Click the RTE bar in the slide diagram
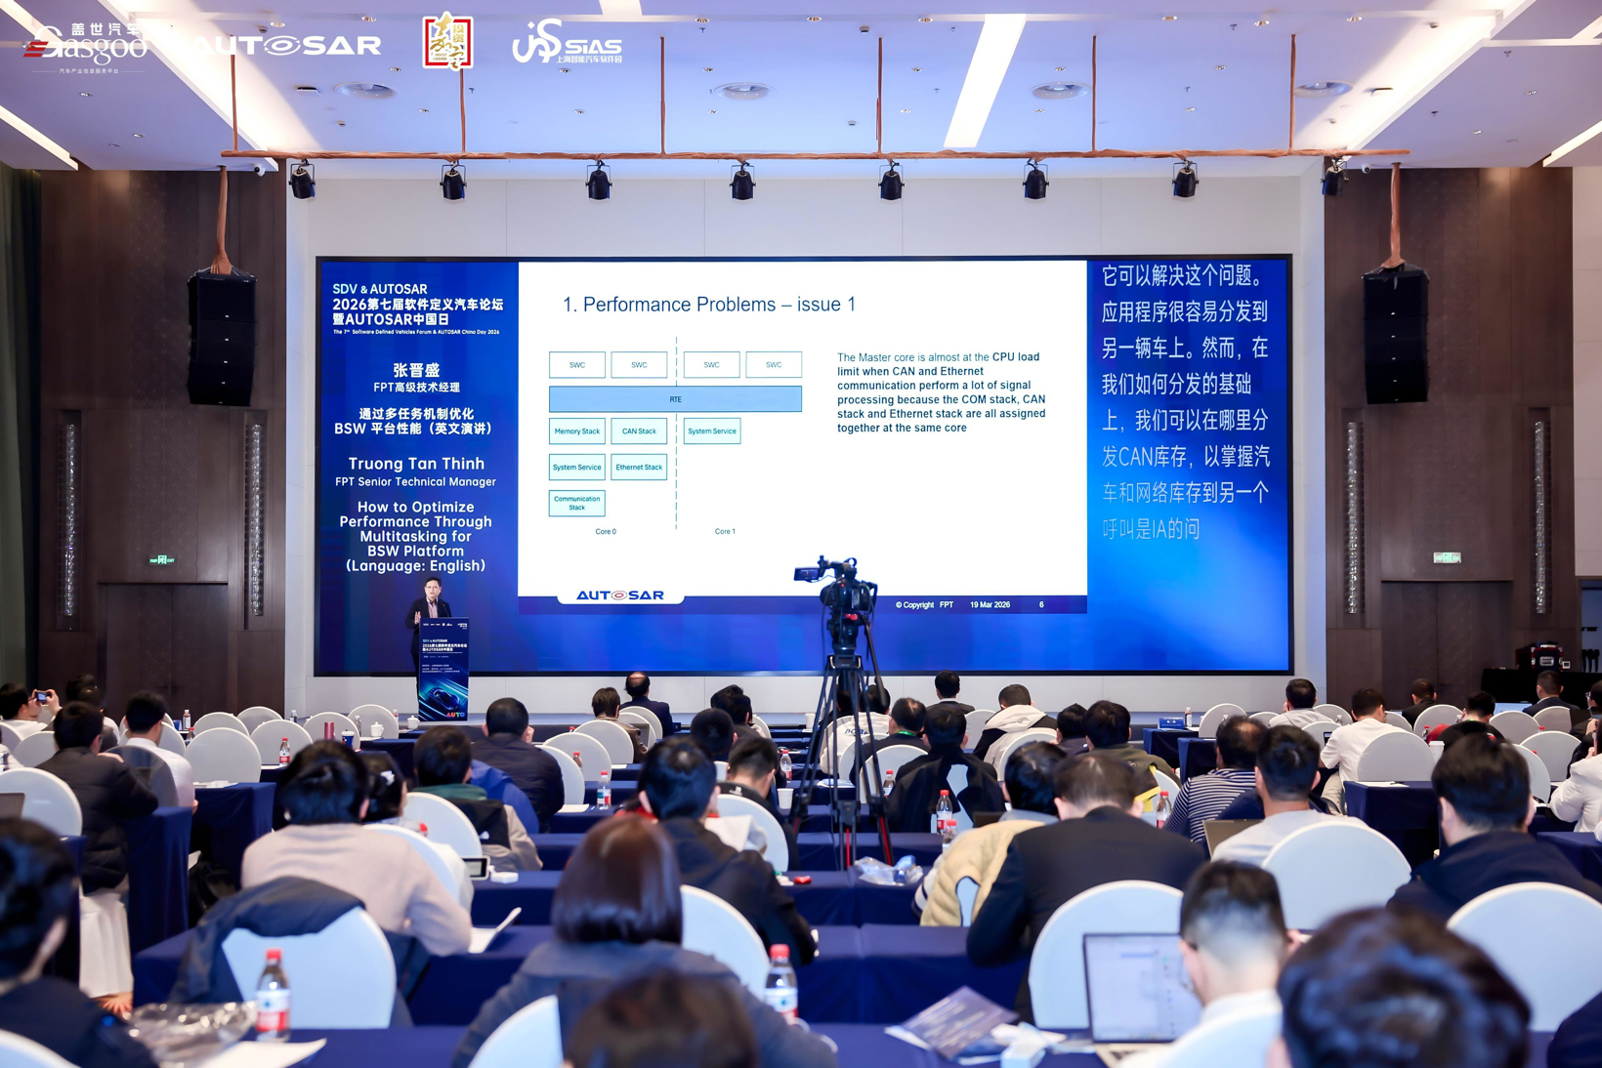[x=675, y=398]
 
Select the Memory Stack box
[x=576, y=431]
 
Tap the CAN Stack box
[x=639, y=431]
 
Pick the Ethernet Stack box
[x=639, y=467]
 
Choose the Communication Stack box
[x=576, y=503]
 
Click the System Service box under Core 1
[x=711, y=431]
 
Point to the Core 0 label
[x=606, y=532]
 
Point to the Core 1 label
[x=725, y=532]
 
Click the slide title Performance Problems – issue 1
[x=709, y=305]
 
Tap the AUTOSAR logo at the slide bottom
[x=619, y=595]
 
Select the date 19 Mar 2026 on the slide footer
[x=990, y=605]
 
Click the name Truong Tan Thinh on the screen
[x=416, y=464]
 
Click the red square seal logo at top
[x=447, y=42]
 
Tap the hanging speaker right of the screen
[x=1395, y=335]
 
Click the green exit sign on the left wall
[x=161, y=560]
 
